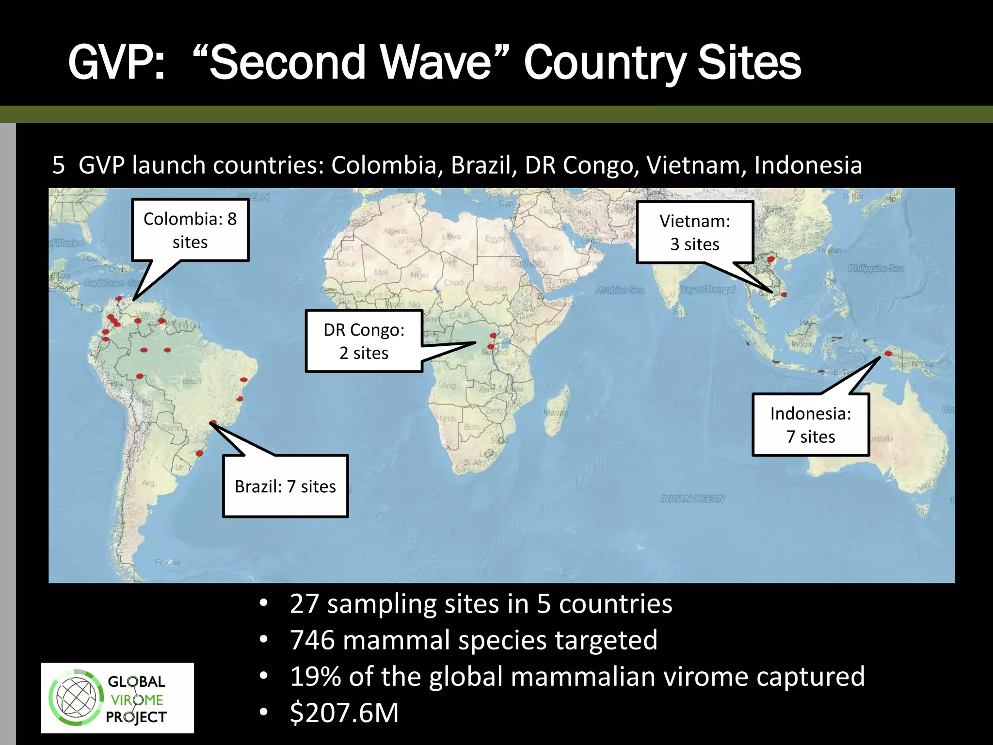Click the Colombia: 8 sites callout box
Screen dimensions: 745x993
point(190,230)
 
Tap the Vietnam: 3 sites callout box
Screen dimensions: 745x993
point(695,232)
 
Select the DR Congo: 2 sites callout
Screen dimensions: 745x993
point(364,341)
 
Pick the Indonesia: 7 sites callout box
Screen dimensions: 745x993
point(811,425)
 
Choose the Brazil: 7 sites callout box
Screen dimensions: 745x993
point(285,486)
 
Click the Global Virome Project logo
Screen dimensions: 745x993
point(117,698)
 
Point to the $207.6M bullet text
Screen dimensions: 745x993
point(344,713)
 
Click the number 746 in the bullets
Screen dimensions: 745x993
point(312,640)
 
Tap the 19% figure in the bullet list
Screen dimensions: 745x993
point(315,676)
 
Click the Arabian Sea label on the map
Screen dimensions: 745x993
point(620,290)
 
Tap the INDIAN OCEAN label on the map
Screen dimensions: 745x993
point(692,499)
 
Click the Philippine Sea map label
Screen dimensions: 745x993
point(876,268)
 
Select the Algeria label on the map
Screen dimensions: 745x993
point(395,231)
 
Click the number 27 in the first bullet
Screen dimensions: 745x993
point(304,604)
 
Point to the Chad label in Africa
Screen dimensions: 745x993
point(453,282)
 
